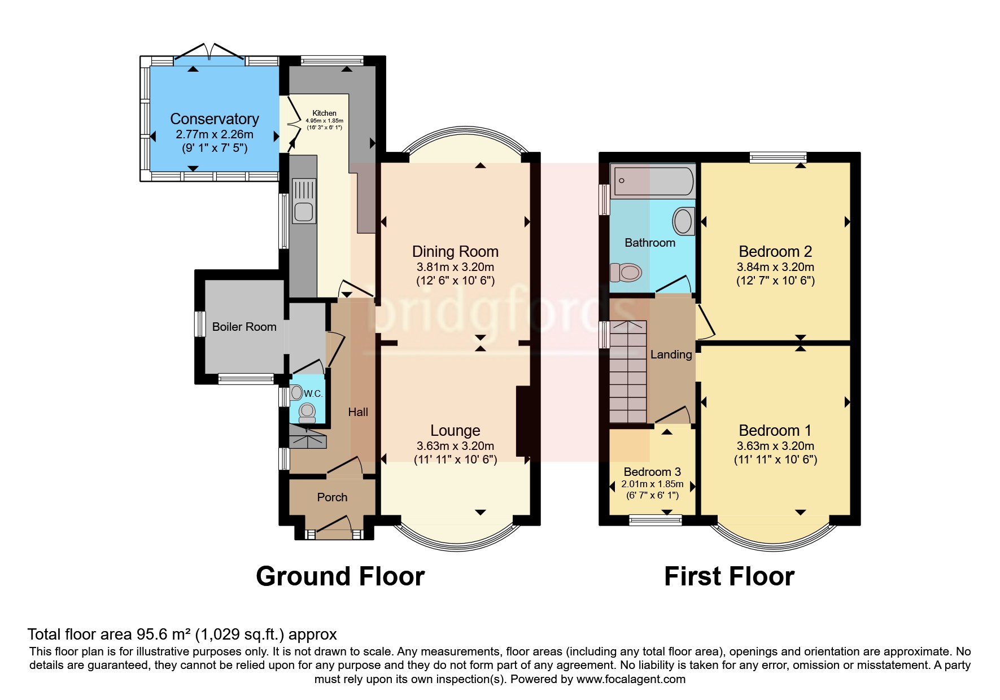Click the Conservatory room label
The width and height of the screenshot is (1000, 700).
pos(214,119)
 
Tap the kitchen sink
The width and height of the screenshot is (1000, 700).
pos(304,202)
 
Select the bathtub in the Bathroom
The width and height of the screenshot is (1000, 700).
pos(653,181)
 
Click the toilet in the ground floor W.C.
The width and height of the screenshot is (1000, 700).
pos(307,413)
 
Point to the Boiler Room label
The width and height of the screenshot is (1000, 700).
pos(244,327)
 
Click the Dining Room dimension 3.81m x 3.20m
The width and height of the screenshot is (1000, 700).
pos(455,267)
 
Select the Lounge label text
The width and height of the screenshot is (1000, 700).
pos(455,431)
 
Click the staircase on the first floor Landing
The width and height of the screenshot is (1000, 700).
pos(628,373)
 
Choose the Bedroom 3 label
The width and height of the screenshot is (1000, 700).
pos(652,472)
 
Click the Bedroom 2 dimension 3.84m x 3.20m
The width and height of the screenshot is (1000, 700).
pos(775,267)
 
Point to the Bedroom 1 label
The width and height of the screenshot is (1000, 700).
pos(775,431)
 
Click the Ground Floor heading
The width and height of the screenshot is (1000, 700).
pos(340,576)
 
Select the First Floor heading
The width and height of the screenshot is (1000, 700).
pos(729,576)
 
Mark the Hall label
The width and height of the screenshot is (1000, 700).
pos(358,413)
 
